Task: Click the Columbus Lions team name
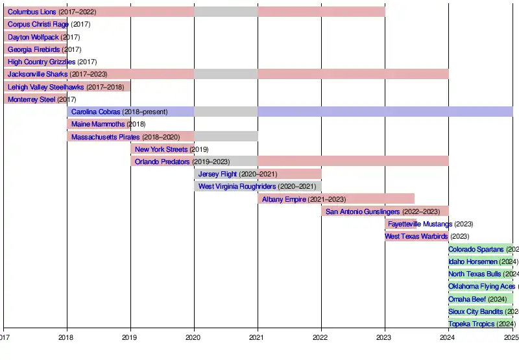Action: point(32,12)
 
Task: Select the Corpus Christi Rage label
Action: point(38,25)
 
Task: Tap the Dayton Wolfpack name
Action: point(33,37)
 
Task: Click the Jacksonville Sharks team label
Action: point(38,74)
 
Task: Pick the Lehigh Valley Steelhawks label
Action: point(45,87)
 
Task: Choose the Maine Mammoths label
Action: point(98,124)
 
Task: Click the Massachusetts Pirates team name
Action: point(105,137)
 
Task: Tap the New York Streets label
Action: point(161,149)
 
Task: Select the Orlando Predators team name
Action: point(162,162)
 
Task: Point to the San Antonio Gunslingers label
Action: point(363,211)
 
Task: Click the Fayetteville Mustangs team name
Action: point(420,224)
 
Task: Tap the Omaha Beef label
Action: point(467,299)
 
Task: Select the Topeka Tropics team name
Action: point(472,324)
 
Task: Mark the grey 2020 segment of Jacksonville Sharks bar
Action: point(226,74)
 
